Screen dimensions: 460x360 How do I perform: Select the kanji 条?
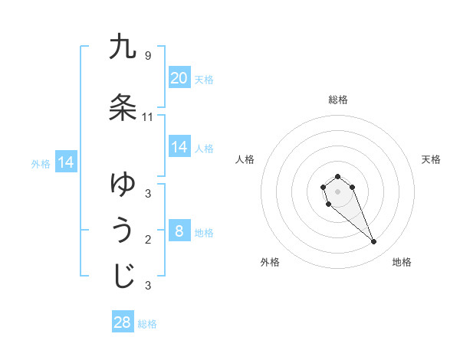123,107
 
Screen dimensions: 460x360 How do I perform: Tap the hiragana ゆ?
123,183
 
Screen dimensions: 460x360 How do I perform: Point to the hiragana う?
123,230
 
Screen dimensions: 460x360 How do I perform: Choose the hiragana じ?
123,276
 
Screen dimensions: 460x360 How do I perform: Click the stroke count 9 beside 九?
148,55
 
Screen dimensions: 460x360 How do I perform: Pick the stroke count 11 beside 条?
148,116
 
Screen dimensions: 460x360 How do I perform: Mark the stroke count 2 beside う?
148,240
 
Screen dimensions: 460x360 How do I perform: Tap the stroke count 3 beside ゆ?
148,193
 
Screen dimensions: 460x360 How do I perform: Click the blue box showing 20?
179,78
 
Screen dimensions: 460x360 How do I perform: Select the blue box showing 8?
179,231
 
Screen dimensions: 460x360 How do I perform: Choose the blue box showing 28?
123,322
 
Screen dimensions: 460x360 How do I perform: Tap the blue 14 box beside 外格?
65,162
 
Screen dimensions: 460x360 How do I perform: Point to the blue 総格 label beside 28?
147,324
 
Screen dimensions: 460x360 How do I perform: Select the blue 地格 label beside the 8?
204,233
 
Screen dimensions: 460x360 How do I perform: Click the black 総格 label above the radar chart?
338,100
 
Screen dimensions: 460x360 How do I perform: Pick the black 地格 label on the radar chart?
402,262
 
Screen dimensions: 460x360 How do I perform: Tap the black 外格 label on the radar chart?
270,262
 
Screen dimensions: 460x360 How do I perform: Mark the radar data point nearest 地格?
374,242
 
